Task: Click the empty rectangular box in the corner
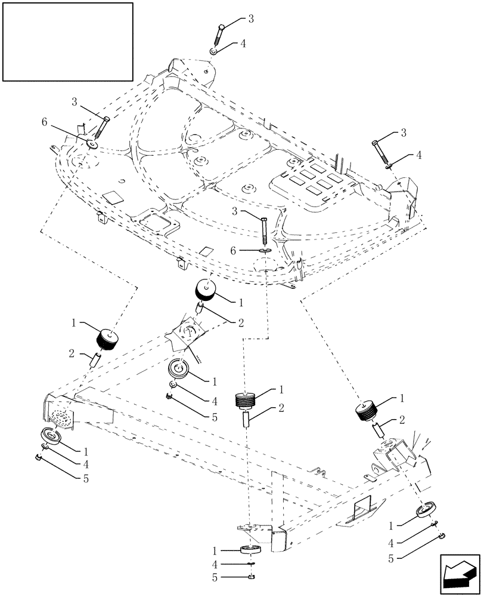click(x=67, y=41)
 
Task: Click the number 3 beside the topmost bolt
click(x=251, y=19)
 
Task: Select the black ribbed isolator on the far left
click(x=107, y=338)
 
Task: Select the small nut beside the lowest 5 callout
click(x=252, y=577)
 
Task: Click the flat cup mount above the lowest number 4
click(x=251, y=550)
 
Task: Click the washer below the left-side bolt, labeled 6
click(x=93, y=143)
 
